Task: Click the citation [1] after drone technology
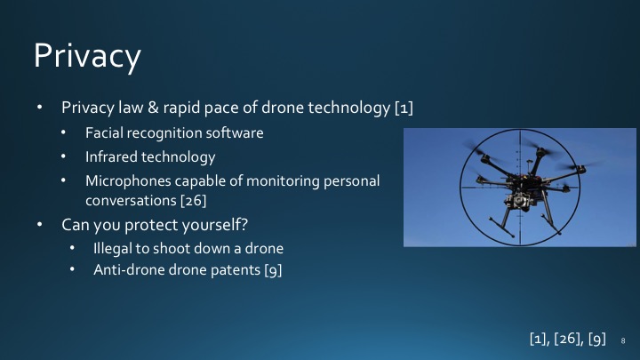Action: pos(403,108)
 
